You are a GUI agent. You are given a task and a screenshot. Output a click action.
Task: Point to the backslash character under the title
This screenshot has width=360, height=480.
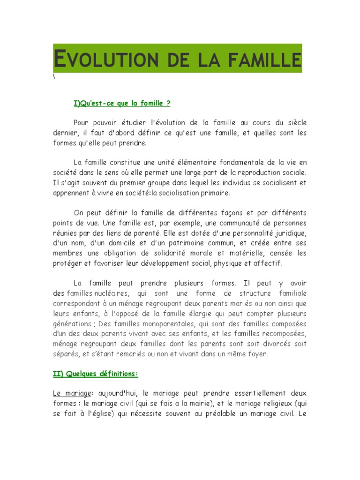click(54, 77)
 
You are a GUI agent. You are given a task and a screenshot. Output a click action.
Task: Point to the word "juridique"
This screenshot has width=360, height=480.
click(290, 233)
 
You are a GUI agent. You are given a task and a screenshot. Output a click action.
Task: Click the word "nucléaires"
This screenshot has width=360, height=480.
click(112, 293)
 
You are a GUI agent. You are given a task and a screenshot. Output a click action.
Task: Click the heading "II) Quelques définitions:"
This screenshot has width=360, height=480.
click(95, 374)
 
